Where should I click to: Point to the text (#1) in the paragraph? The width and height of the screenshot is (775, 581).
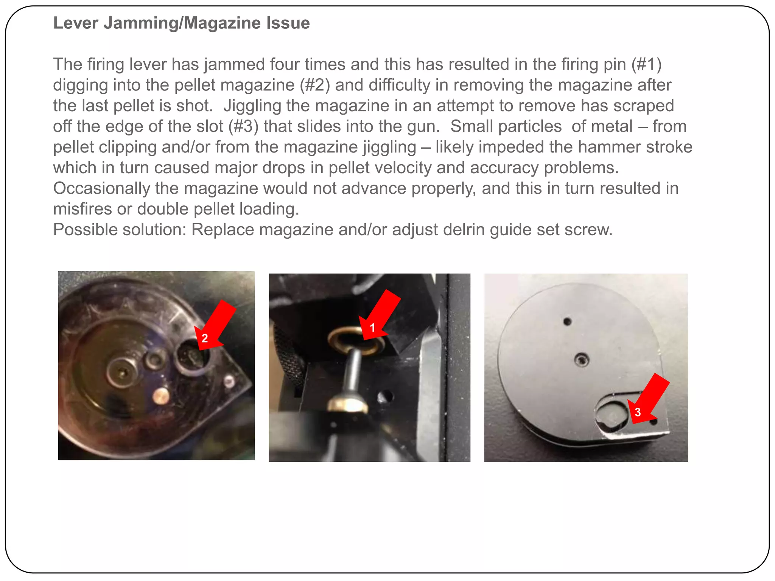(x=646, y=64)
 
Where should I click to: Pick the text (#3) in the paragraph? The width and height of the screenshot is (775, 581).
(x=243, y=126)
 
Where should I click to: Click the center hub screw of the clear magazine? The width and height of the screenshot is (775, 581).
(x=122, y=371)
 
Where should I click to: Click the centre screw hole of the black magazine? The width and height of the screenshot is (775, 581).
(x=581, y=360)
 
